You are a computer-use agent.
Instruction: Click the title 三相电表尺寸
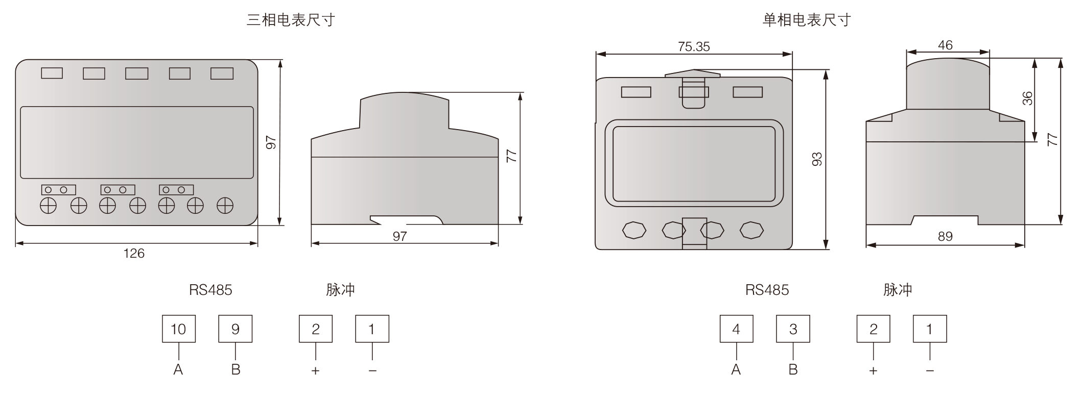291,20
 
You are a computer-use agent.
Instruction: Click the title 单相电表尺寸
807,20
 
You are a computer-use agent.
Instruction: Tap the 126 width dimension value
134,254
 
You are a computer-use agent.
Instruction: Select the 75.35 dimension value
694,46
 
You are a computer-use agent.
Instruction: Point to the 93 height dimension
817,159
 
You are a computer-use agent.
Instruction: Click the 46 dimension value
945,45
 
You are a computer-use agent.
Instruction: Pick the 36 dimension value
1027,98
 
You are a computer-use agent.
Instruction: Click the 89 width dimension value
945,236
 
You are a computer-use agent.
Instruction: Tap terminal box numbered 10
179,329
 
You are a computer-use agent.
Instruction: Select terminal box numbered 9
236,329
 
